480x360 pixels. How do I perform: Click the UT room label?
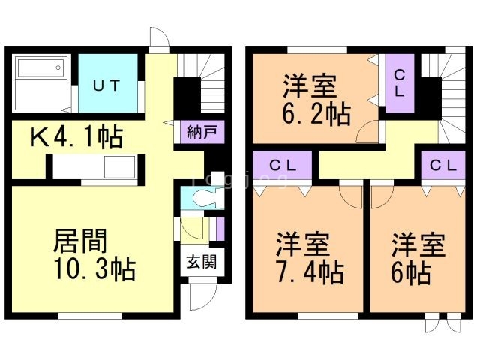point(106,85)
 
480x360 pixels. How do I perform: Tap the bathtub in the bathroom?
point(40,68)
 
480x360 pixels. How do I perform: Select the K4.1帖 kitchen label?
point(76,136)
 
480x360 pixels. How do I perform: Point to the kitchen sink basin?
point(120,166)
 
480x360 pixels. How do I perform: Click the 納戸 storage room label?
point(202,132)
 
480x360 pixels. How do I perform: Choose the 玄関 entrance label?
point(202,262)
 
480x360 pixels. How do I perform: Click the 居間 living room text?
point(80,241)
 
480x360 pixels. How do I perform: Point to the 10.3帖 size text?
point(95,269)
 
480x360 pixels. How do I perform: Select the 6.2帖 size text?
point(316,114)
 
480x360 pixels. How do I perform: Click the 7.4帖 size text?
point(310,271)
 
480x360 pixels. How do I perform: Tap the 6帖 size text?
point(411,272)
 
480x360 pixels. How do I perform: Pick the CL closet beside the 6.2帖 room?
point(400,83)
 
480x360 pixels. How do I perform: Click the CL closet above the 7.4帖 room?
point(283,166)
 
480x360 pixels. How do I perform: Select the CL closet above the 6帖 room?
point(443,166)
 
